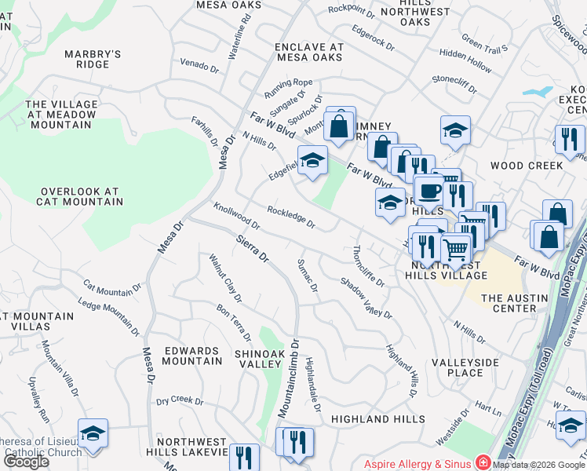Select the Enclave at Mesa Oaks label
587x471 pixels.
[x=309, y=52]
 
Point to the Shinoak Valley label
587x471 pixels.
[x=264, y=360]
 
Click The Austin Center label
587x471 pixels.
[x=520, y=303]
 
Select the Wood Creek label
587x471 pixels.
[x=526, y=166]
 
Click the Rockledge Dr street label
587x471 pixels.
[x=290, y=217]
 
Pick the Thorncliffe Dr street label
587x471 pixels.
[x=368, y=266]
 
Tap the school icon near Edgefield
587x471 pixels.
[x=312, y=161]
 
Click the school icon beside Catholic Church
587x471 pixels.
[x=93, y=434]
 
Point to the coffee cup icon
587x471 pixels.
[x=430, y=190]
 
